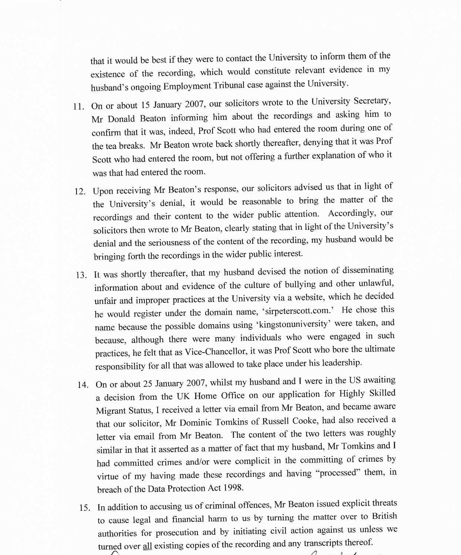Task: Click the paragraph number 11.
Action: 79,107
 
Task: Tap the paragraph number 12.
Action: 80,191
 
